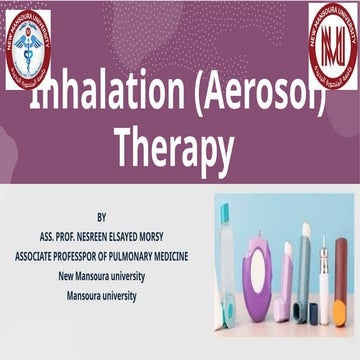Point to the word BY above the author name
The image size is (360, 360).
(x=102, y=216)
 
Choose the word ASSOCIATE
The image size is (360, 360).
(x=40, y=256)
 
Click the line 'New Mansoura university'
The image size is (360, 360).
(x=103, y=276)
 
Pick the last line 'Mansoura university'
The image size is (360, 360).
(x=102, y=296)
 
